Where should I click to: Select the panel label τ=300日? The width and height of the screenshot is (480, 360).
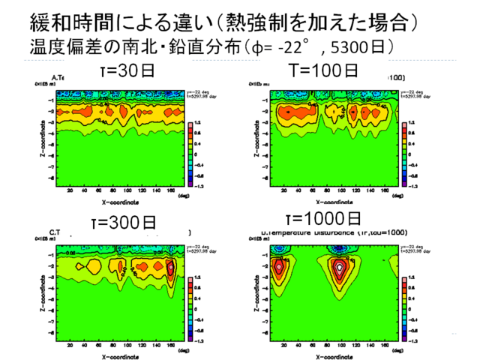click(128, 222)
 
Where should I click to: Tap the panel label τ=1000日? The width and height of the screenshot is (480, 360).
click(324, 219)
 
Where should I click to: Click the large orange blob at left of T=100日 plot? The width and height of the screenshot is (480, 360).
click(286, 112)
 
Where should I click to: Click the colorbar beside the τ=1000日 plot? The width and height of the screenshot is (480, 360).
click(405, 304)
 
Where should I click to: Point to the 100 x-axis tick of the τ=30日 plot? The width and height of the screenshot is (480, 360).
click(112, 191)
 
